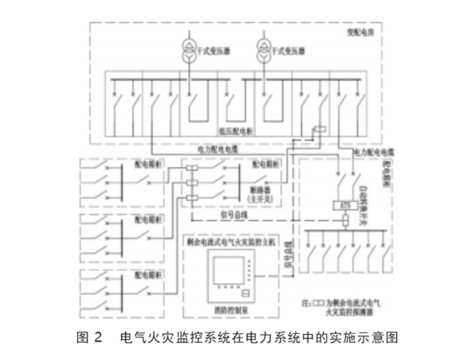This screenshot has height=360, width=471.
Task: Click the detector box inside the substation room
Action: [321, 130]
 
